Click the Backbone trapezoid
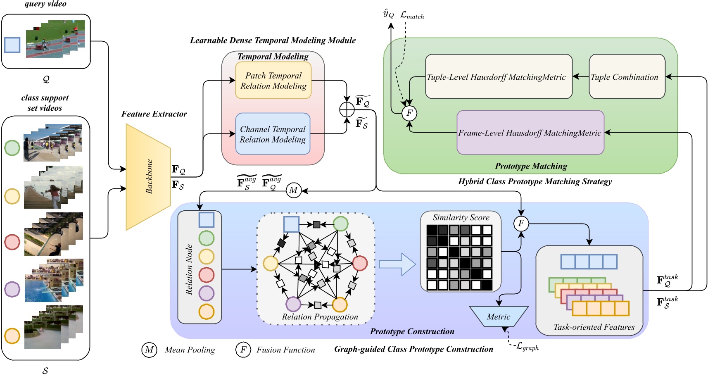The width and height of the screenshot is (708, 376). [x=148, y=177]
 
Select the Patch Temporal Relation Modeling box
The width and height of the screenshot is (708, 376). [x=273, y=81]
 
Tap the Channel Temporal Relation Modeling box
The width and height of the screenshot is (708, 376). [x=273, y=134]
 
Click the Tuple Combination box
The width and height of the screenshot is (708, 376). [x=627, y=77]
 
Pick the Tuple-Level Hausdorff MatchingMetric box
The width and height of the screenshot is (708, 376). [x=499, y=77]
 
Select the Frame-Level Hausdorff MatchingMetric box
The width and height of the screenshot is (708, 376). [x=530, y=133]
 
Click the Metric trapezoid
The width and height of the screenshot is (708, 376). [x=499, y=317]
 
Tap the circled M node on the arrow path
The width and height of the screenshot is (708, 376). [x=293, y=190]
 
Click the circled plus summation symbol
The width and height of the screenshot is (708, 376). [x=347, y=109]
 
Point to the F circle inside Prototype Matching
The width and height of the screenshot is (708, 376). [x=409, y=113]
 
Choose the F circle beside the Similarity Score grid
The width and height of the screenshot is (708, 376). [x=521, y=224]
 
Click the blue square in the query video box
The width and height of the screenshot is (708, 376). [x=12, y=45]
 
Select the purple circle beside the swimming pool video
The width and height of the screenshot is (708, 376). [x=12, y=289]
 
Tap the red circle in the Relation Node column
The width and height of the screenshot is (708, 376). [x=207, y=275]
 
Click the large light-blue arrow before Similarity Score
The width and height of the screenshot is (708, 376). [x=397, y=264]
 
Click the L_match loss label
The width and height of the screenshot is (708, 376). [x=412, y=16]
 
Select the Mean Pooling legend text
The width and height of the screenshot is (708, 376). [x=190, y=350]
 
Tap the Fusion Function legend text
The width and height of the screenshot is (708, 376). [x=286, y=350]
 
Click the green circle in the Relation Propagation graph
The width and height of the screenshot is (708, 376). [x=340, y=224]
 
